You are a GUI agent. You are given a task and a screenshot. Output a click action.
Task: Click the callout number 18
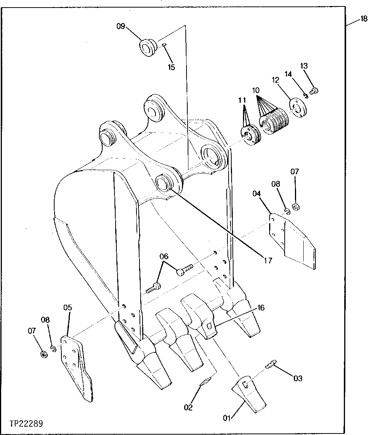click(x=363, y=19)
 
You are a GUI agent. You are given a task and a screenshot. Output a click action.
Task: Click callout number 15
click(x=171, y=67)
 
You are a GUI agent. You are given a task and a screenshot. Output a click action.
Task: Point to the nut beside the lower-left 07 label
click(x=44, y=355)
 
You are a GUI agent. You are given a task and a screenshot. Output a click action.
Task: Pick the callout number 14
click(x=288, y=74)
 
